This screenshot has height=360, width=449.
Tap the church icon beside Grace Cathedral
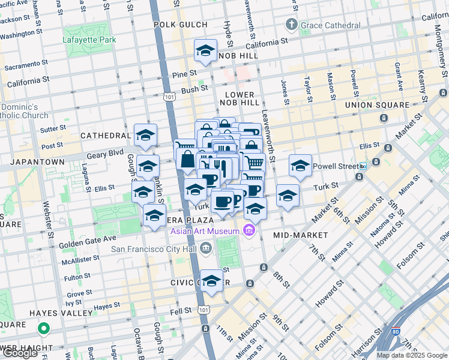[x=292, y=25]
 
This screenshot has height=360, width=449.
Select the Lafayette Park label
[x=85, y=40]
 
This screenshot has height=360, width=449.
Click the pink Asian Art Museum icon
[x=249, y=230]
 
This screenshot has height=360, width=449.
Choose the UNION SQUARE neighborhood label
[x=376, y=105]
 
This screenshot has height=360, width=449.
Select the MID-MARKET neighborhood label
[x=300, y=235]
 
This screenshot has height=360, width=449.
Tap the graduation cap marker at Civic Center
[x=211, y=281]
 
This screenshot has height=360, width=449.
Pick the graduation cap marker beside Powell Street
[x=300, y=166]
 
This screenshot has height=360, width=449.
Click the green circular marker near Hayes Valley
[x=43, y=328]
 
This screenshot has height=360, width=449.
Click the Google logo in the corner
[x=20, y=353]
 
